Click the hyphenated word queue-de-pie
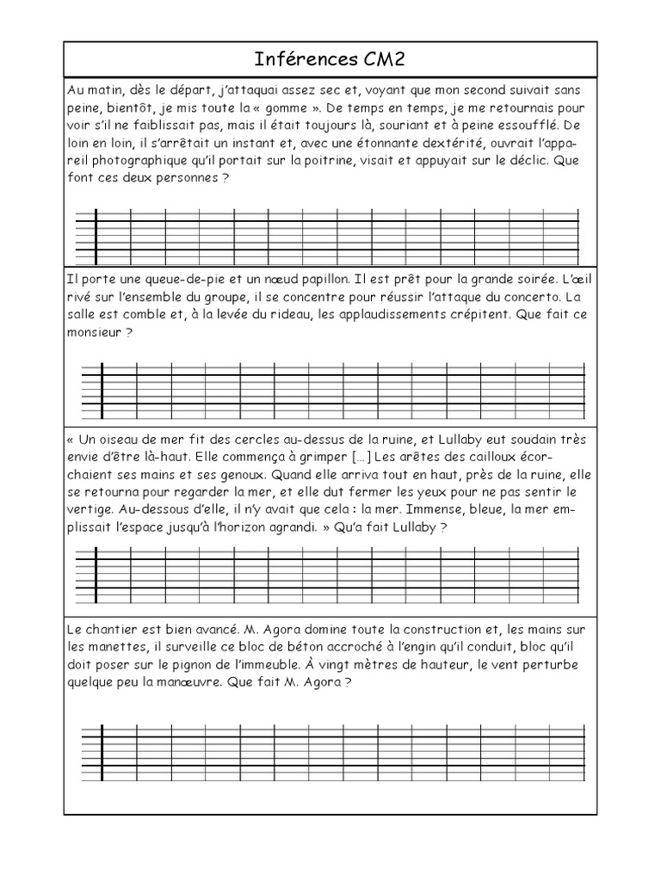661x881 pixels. [x=159, y=279]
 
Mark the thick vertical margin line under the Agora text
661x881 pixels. [x=102, y=754]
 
